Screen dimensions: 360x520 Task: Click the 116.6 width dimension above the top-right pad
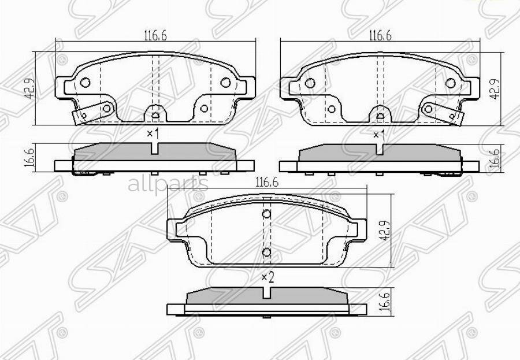380,36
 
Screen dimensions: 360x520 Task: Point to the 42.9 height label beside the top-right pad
494,88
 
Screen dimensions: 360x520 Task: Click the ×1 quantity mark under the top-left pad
153,134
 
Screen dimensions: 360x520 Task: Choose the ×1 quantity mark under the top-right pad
378,134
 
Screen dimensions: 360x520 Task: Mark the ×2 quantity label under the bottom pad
266,278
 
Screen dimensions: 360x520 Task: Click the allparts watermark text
167,184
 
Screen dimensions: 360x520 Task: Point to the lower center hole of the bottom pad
266,253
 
